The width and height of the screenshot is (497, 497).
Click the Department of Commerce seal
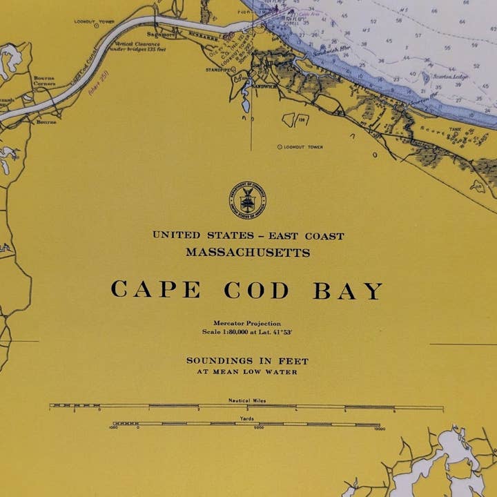[247, 200]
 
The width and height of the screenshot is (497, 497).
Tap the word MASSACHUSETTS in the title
[248, 253]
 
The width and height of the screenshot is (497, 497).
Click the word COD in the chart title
[256, 291]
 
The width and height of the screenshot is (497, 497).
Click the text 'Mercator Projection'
[247, 323]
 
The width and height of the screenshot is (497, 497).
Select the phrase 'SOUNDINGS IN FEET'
[247, 361]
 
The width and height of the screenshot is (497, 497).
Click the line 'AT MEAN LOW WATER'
[247, 372]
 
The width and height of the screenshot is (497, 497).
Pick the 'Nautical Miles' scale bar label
[247, 401]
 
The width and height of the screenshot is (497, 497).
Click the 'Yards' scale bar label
[247, 418]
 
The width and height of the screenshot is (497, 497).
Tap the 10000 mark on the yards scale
[379, 428]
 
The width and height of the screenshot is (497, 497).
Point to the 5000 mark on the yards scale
[258, 428]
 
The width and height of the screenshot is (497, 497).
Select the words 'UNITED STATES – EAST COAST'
[248, 236]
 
